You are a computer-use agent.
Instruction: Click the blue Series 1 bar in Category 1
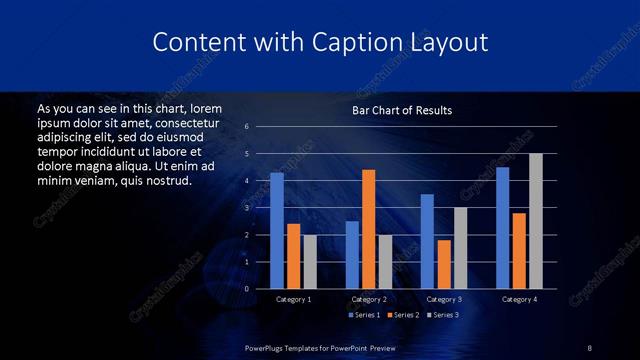click(x=277, y=231)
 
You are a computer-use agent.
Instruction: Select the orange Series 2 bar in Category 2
click(x=369, y=229)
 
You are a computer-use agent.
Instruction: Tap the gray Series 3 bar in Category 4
click(x=536, y=221)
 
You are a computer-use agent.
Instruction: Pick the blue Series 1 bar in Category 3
click(x=427, y=241)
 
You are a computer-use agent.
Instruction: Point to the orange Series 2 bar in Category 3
click(x=444, y=264)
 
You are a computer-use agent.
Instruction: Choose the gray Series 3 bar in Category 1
click(x=310, y=262)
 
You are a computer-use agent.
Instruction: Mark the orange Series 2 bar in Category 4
click(x=519, y=251)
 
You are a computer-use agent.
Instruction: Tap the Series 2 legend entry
click(x=403, y=315)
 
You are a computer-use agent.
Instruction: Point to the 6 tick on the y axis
click(x=246, y=127)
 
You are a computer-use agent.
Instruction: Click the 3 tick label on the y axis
click(x=246, y=208)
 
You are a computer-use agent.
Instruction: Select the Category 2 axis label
click(x=369, y=299)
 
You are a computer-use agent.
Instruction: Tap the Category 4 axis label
click(x=519, y=299)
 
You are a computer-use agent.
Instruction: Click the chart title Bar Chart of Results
click(x=402, y=110)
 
